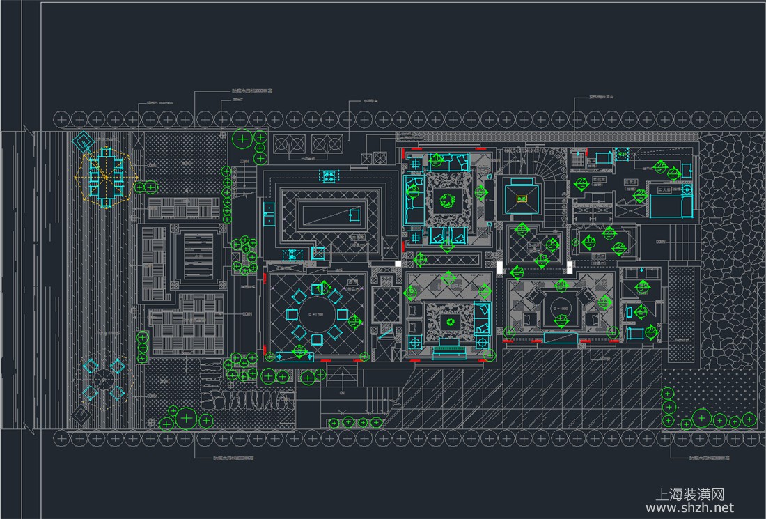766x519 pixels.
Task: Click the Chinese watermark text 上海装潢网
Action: point(691,493)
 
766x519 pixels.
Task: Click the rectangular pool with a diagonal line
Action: point(331,218)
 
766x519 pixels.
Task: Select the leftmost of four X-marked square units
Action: point(283,144)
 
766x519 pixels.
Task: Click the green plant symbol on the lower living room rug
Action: point(450,322)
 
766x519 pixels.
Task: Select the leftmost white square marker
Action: point(398,264)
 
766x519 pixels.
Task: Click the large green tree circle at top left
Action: point(242,139)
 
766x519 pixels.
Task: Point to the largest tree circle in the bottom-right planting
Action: point(702,419)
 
